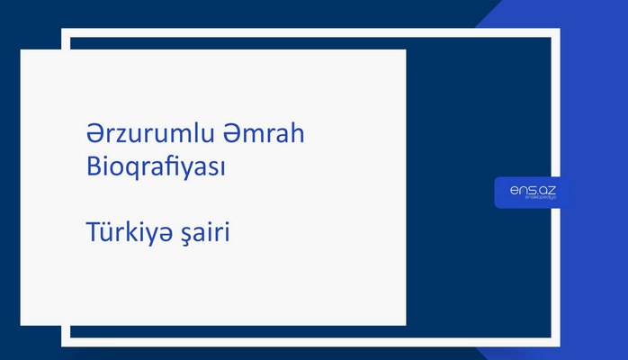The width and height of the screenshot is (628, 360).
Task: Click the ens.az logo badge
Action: [x=531, y=193]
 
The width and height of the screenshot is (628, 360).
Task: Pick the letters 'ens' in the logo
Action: [x=520, y=190]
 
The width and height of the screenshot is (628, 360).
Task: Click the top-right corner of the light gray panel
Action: [x=405, y=50]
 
